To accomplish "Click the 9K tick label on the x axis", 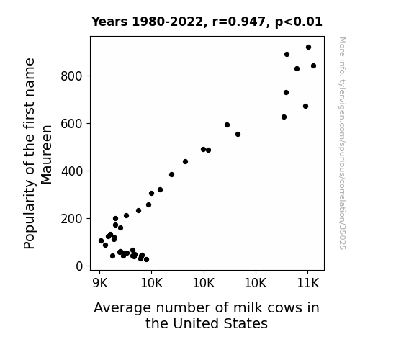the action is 100,284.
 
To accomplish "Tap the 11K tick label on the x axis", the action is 308,284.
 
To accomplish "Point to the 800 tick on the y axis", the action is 72,76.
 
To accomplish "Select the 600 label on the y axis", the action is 72,124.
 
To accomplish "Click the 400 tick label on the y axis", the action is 72,171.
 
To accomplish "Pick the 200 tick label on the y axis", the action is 72,219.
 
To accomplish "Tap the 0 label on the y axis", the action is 79,266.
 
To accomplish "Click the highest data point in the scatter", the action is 308,48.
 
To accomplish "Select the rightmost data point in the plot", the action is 313,66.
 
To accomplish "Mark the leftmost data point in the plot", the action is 101,240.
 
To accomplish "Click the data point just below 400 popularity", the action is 171,174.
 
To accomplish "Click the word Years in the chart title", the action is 109,22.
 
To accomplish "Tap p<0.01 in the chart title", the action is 299,22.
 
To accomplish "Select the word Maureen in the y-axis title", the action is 47,155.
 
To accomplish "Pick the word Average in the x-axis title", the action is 122,308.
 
